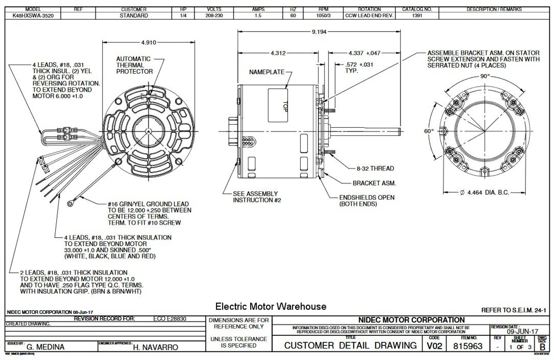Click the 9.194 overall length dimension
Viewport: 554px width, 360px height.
coord(319,32)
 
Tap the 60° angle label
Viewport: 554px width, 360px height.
coord(429,130)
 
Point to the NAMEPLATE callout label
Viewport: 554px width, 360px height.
coord(266,72)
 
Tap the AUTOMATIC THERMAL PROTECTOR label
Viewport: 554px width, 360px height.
coord(134,65)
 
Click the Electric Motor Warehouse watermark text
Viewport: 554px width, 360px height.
coord(271,307)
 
